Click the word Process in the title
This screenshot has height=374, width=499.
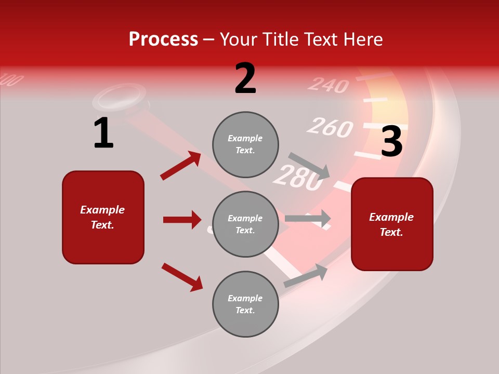point(163,39)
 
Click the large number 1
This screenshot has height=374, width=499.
point(103,133)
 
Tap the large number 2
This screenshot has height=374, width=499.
point(245,78)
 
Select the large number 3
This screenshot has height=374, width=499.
point(391,141)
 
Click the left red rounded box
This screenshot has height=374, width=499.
point(103,217)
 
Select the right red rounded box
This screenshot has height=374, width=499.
point(392,224)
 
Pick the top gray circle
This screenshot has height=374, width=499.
point(245,144)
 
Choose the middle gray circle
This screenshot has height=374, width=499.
point(245,224)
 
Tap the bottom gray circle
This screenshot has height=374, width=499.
point(245,304)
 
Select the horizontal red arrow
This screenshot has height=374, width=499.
point(182,220)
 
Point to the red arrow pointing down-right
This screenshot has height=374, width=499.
point(182,277)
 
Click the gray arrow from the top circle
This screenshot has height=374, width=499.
point(309,166)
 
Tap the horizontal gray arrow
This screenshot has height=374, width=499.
point(308,218)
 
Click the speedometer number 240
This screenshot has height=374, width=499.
point(328,84)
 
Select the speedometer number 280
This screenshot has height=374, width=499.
point(298,177)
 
